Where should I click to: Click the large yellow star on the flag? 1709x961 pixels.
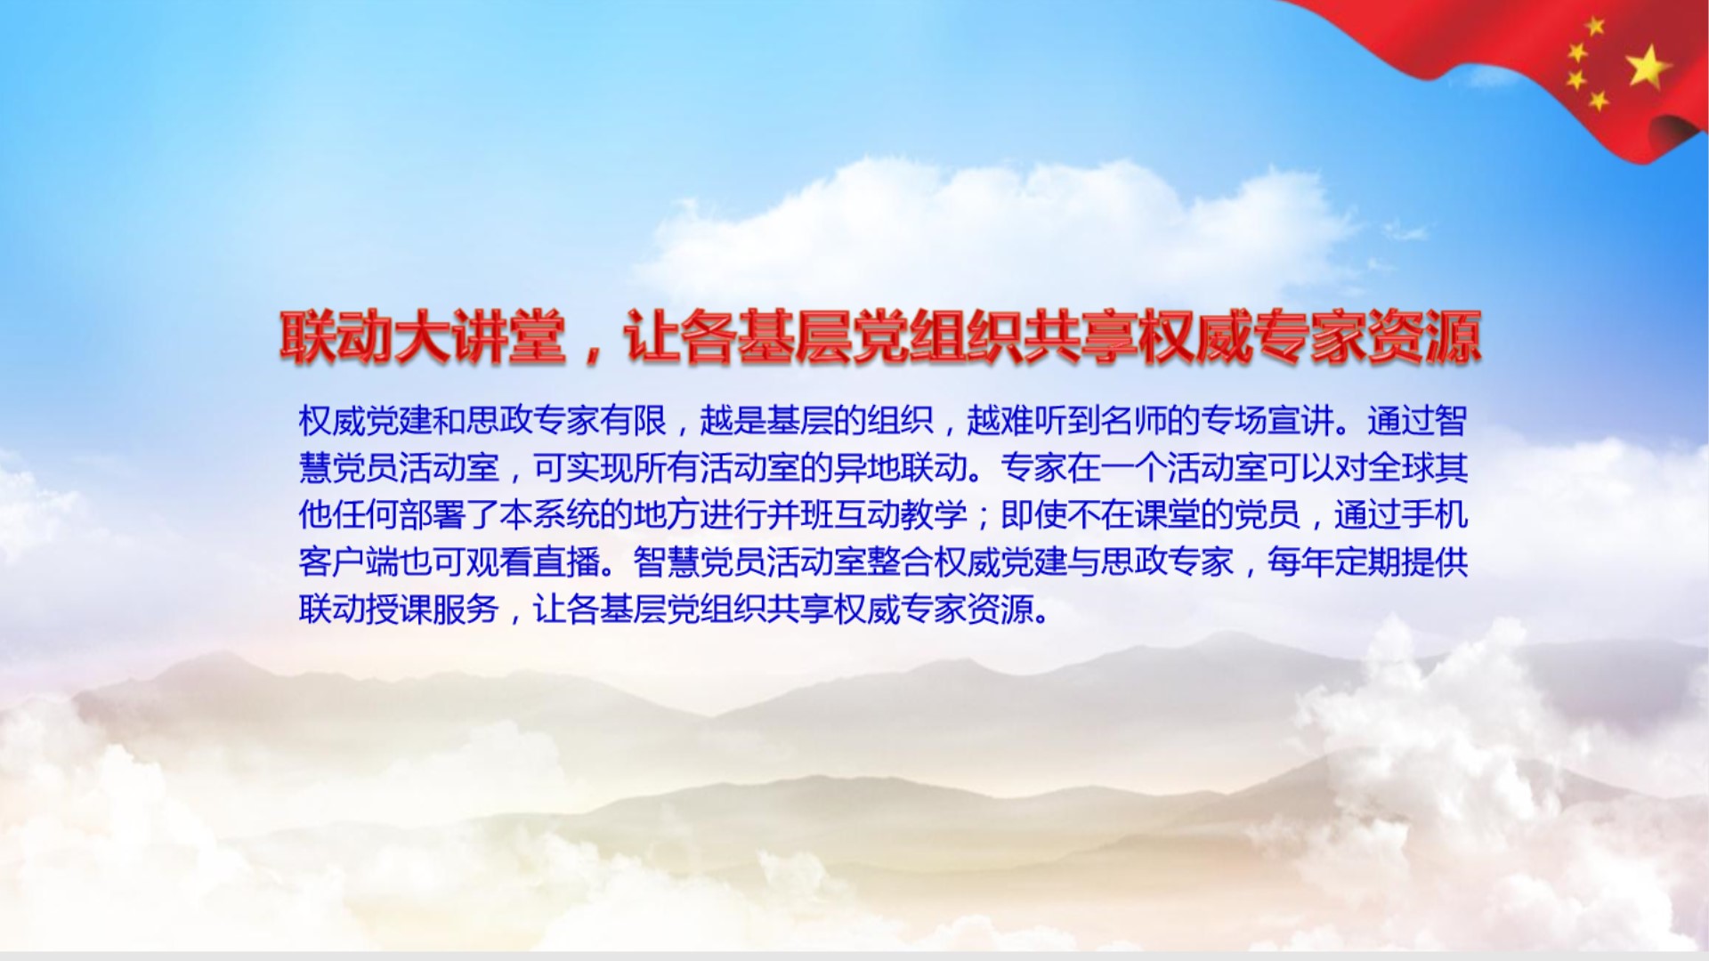click(x=1648, y=67)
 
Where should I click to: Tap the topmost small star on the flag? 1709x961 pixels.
click(x=1595, y=26)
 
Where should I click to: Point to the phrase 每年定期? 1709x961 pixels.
click(x=1333, y=561)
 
